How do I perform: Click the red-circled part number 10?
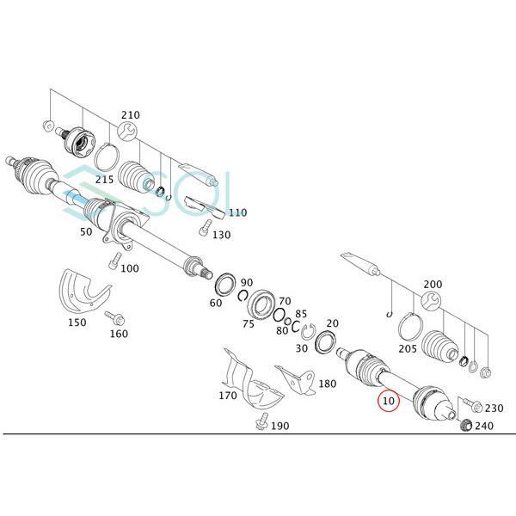pyautogui.click(x=388, y=400)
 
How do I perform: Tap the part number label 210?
pyautogui.click(x=130, y=114)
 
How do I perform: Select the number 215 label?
pyautogui.click(x=104, y=179)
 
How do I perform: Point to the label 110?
pyautogui.click(x=236, y=212)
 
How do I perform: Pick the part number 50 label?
pyautogui.click(x=86, y=232)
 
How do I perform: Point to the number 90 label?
pyautogui.click(x=247, y=283)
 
